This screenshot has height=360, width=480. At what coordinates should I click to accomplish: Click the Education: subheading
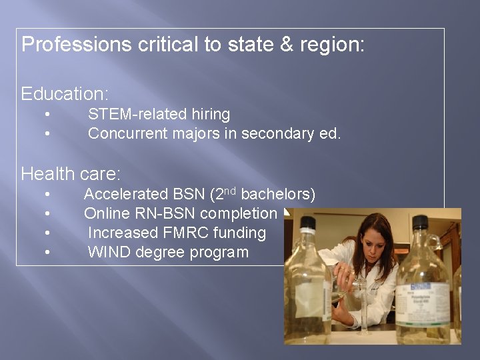coord(65,93)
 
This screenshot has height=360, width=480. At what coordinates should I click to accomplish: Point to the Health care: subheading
coord(71,174)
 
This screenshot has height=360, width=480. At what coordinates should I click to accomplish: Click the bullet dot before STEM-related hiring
coord(49,115)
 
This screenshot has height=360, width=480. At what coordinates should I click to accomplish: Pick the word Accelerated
coord(125,195)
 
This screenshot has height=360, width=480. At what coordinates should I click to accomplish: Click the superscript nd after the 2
coord(230,191)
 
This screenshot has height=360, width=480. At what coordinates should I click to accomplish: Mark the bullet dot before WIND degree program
coord(49,253)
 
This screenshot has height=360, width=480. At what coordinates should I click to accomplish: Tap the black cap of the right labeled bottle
coord(420,222)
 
